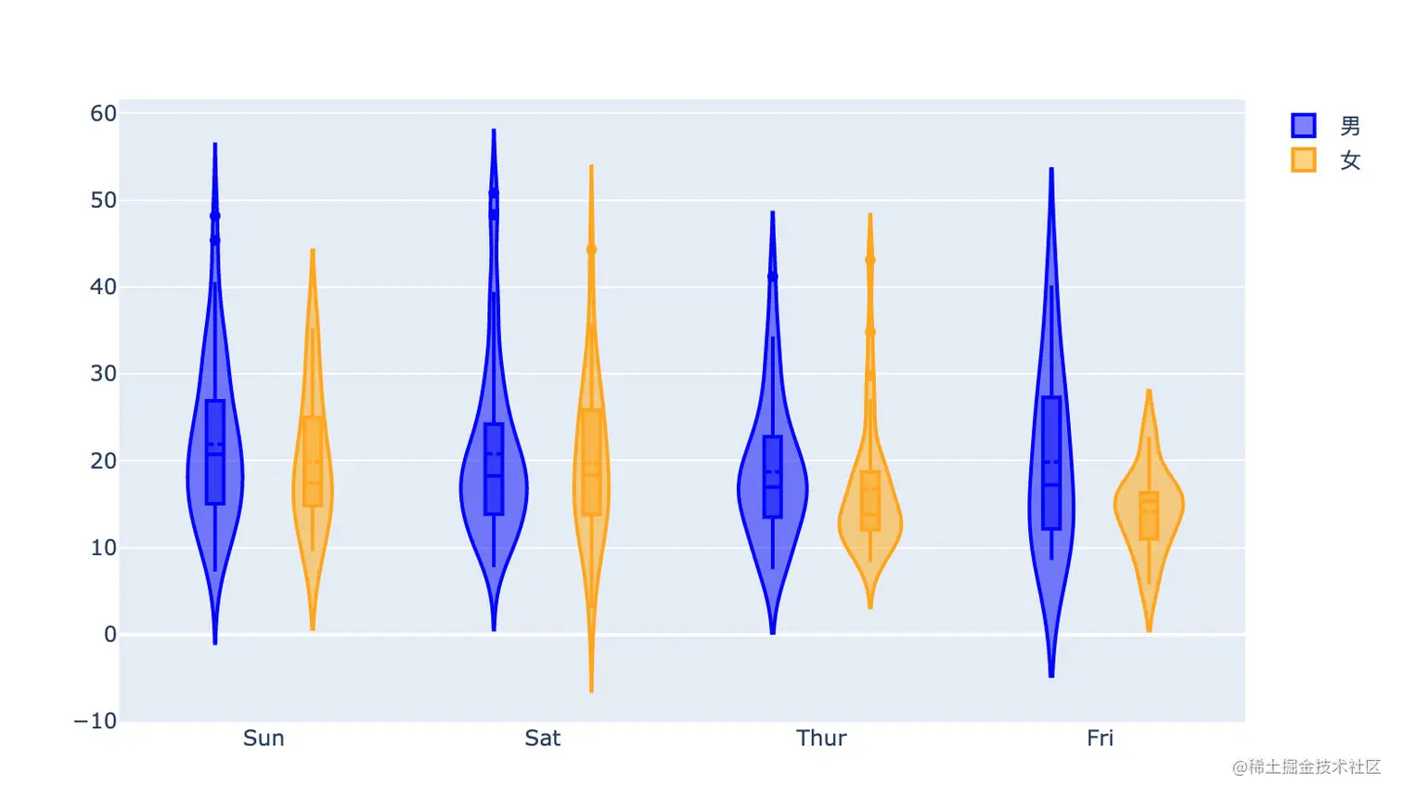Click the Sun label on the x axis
pos(264,739)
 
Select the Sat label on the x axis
pos(542,739)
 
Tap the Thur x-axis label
pos(821,739)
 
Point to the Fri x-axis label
pos(1100,739)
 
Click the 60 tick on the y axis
pos(103,113)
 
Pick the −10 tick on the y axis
pos(96,721)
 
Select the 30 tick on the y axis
pos(103,374)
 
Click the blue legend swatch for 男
pos(1303,125)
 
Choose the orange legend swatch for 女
pos(1303,160)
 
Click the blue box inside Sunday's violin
pos(215,452)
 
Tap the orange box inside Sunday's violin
pos(313,461)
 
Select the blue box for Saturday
pos(494,469)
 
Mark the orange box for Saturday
pos(591,462)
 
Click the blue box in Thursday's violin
pos(773,476)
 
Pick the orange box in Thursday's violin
pos(870,501)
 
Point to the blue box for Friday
pos(1051,463)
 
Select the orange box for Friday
pos(1149,516)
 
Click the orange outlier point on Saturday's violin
pos(591,250)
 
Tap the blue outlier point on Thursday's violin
pos(773,277)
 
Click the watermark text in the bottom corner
pos(1306,767)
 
